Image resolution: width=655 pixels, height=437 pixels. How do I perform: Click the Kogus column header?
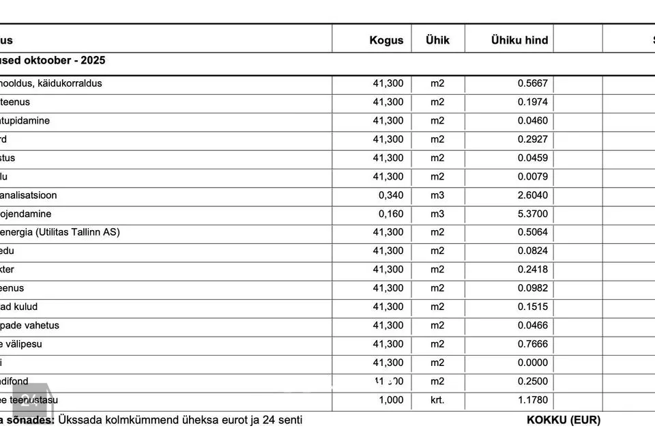pyautogui.click(x=386, y=40)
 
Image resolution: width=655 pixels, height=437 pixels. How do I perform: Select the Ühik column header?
pyautogui.click(x=437, y=40)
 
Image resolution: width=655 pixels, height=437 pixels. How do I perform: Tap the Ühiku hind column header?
pyautogui.click(x=519, y=40)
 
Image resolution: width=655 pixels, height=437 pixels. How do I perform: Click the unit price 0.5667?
pyautogui.click(x=532, y=84)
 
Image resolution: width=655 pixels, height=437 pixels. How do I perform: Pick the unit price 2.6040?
pyautogui.click(x=532, y=195)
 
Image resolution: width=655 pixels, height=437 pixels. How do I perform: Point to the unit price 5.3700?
pyautogui.click(x=532, y=214)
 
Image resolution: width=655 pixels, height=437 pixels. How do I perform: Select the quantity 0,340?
pyautogui.click(x=391, y=195)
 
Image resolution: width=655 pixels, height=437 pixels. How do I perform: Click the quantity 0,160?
pyautogui.click(x=391, y=214)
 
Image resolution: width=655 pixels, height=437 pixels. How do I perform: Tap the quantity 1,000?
pyautogui.click(x=391, y=400)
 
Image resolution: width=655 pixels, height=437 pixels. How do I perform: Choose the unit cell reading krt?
pyautogui.click(x=437, y=400)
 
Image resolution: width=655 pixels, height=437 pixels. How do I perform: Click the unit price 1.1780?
pyautogui.click(x=532, y=400)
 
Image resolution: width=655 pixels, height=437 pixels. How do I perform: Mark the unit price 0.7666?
pyautogui.click(x=532, y=344)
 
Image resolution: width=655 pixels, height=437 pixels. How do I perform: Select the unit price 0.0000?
pyautogui.click(x=532, y=363)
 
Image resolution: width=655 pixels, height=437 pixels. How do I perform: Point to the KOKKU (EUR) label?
pyautogui.click(x=563, y=420)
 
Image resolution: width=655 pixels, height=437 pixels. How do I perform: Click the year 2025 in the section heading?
pyautogui.click(x=93, y=61)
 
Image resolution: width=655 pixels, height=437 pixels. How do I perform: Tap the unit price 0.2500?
pyautogui.click(x=532, y=382)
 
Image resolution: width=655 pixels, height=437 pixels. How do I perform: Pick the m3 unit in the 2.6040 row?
pyautogui.click(x=437, y=195)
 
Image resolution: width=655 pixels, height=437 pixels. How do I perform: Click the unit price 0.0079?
pyautogui.click(x=532, y=177)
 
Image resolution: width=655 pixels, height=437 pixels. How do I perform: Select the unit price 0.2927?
pyautogui.click(x=532, y=139)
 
